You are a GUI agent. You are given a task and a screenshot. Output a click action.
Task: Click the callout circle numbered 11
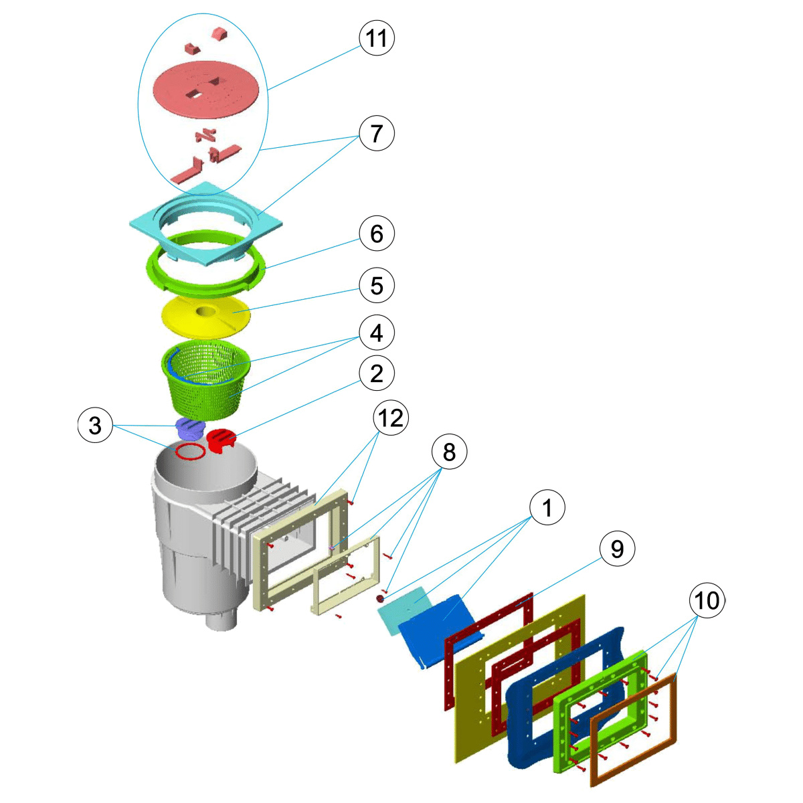click(x=377, y=38)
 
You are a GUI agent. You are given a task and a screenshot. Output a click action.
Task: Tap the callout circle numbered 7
click(x=377, y=133)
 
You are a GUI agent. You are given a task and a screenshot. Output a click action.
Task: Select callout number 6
click(x=377, y=234)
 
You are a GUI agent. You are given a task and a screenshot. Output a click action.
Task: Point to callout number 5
click(x=377, y=286)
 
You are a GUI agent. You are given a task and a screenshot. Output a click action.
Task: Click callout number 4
click(x=377, y=333)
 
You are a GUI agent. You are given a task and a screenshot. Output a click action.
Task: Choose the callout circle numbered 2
click(x=377, y=373)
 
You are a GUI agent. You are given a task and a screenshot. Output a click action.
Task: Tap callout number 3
click(x=95, y=425)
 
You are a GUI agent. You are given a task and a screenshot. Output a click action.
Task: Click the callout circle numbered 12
click(x=391, y=418)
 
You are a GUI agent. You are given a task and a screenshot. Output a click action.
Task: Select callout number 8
click(x=449, y=452)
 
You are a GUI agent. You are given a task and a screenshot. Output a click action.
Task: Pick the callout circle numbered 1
click(x=547, y=509)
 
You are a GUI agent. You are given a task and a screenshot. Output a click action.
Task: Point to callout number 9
click(x=617, y=549)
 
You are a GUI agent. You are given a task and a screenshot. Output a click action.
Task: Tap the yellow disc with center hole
click(x=206, y=315)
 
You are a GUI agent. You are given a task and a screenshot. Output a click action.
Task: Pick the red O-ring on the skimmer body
click(x=190, y=452)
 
